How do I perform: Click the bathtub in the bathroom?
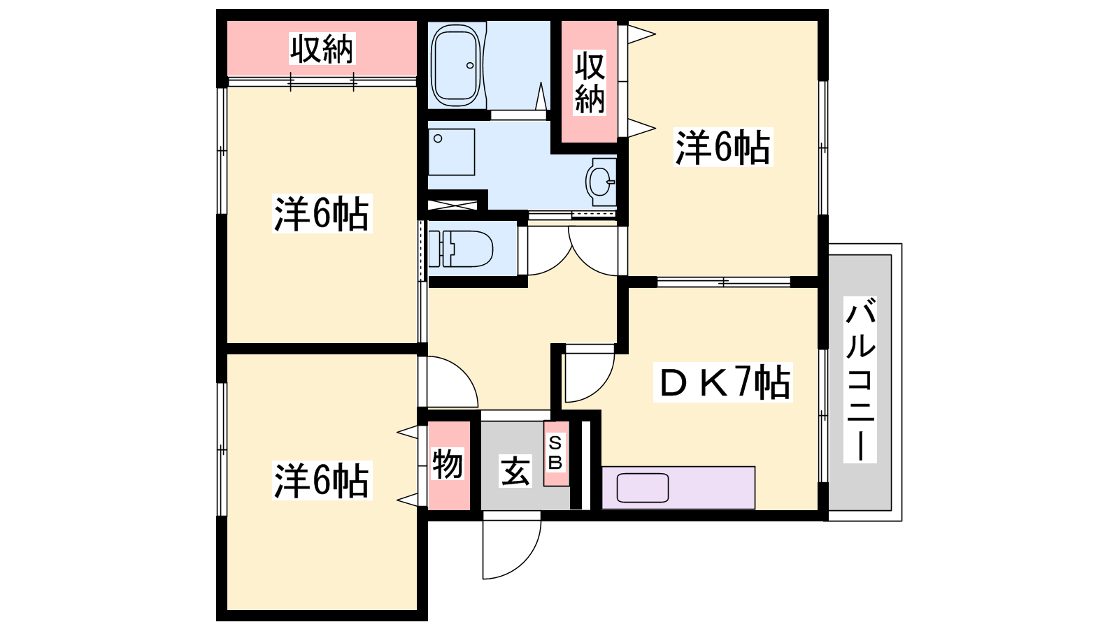coord(455,65)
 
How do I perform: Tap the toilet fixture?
coord(461,248)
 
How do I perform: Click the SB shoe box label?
coord(555,453)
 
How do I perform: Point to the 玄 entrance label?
coord(515,471)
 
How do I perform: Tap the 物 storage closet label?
coord(448,464)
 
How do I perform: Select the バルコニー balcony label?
coord(860,380)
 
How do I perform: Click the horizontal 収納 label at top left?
coord(322,48)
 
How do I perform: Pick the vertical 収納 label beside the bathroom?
coord(590,83)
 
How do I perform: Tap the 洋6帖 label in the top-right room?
coord(723,147)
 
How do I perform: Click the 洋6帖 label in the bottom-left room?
coord(322,481)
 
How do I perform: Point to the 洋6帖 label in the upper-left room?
coord(322,214)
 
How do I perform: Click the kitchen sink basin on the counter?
coord(643,488)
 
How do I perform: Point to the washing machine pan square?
coord(452,152)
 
